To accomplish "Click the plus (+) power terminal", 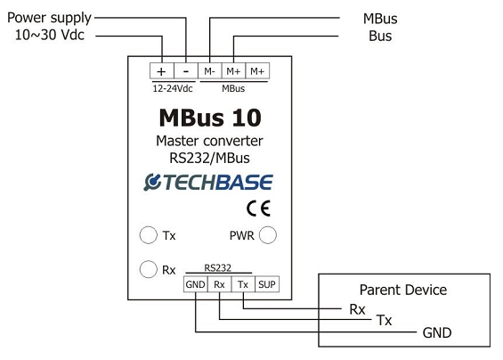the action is pyautogui.click(x=162, y=71).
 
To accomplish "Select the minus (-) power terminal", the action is pyautogui.click(x=186, y=71).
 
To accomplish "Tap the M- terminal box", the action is pyautogui.click(x=210, y=71).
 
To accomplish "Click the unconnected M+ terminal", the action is pyautogui.click(x=257, y=71).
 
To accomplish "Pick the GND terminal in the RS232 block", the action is pyautogui.click(x=196, y=284).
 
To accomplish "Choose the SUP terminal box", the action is pyautogui.click(x=267, y=284).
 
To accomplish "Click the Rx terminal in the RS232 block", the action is pyautogui.click(x=219, y=284).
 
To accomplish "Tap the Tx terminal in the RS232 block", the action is pyautogui.click(x=243, y=284).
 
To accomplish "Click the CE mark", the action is pyautogui.click(x=258, y=209).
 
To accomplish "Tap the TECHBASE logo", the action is pyautogui.click(x=208, y=182).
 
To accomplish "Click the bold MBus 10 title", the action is pyautogui.click(x=210, y=118).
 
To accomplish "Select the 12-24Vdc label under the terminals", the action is pyautogui.click(x=173, y=88).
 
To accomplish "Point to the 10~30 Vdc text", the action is pyautogui.click(x=50, y=35).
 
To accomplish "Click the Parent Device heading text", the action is pyautogui.click(x=403, y=290).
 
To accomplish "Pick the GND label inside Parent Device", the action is pyautogui.click(x=437, y=332).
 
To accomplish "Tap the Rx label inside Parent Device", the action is pyautogui.click(x=357, y=309).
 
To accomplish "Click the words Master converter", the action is pyautogui.click(x=209, y=141).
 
